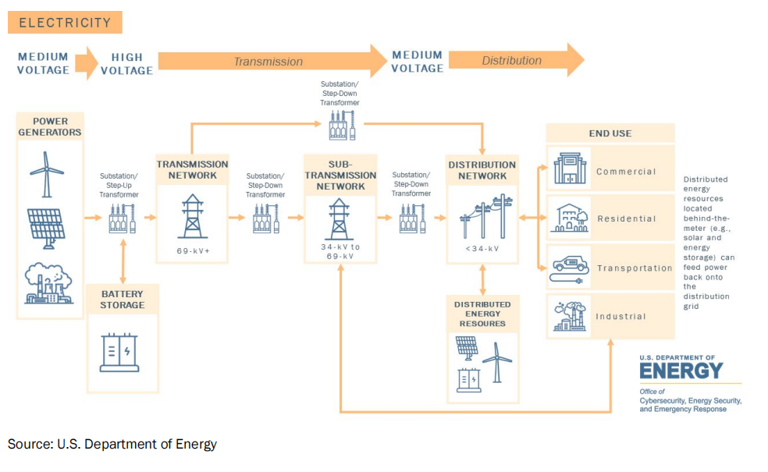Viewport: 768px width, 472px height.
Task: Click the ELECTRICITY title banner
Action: point(65,22)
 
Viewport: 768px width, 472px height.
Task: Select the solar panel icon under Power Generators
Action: point(46,225)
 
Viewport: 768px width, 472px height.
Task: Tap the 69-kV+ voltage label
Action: point(192,252)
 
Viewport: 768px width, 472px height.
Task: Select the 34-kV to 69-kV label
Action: point(340,251)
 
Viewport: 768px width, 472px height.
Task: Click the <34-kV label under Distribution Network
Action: point(482,249)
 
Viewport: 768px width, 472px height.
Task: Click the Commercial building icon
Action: point(570,170)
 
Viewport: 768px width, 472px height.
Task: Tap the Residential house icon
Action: point(570,218)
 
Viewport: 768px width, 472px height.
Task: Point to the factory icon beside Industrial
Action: point(570,316)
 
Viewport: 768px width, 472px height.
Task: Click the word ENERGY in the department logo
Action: point(681,371)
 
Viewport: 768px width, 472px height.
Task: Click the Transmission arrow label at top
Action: point(268,62)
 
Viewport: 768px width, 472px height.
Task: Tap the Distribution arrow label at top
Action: point(511,61)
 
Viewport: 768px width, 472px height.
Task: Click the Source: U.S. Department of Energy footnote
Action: point(112,445)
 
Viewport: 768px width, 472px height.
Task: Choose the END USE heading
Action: point(610,133)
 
